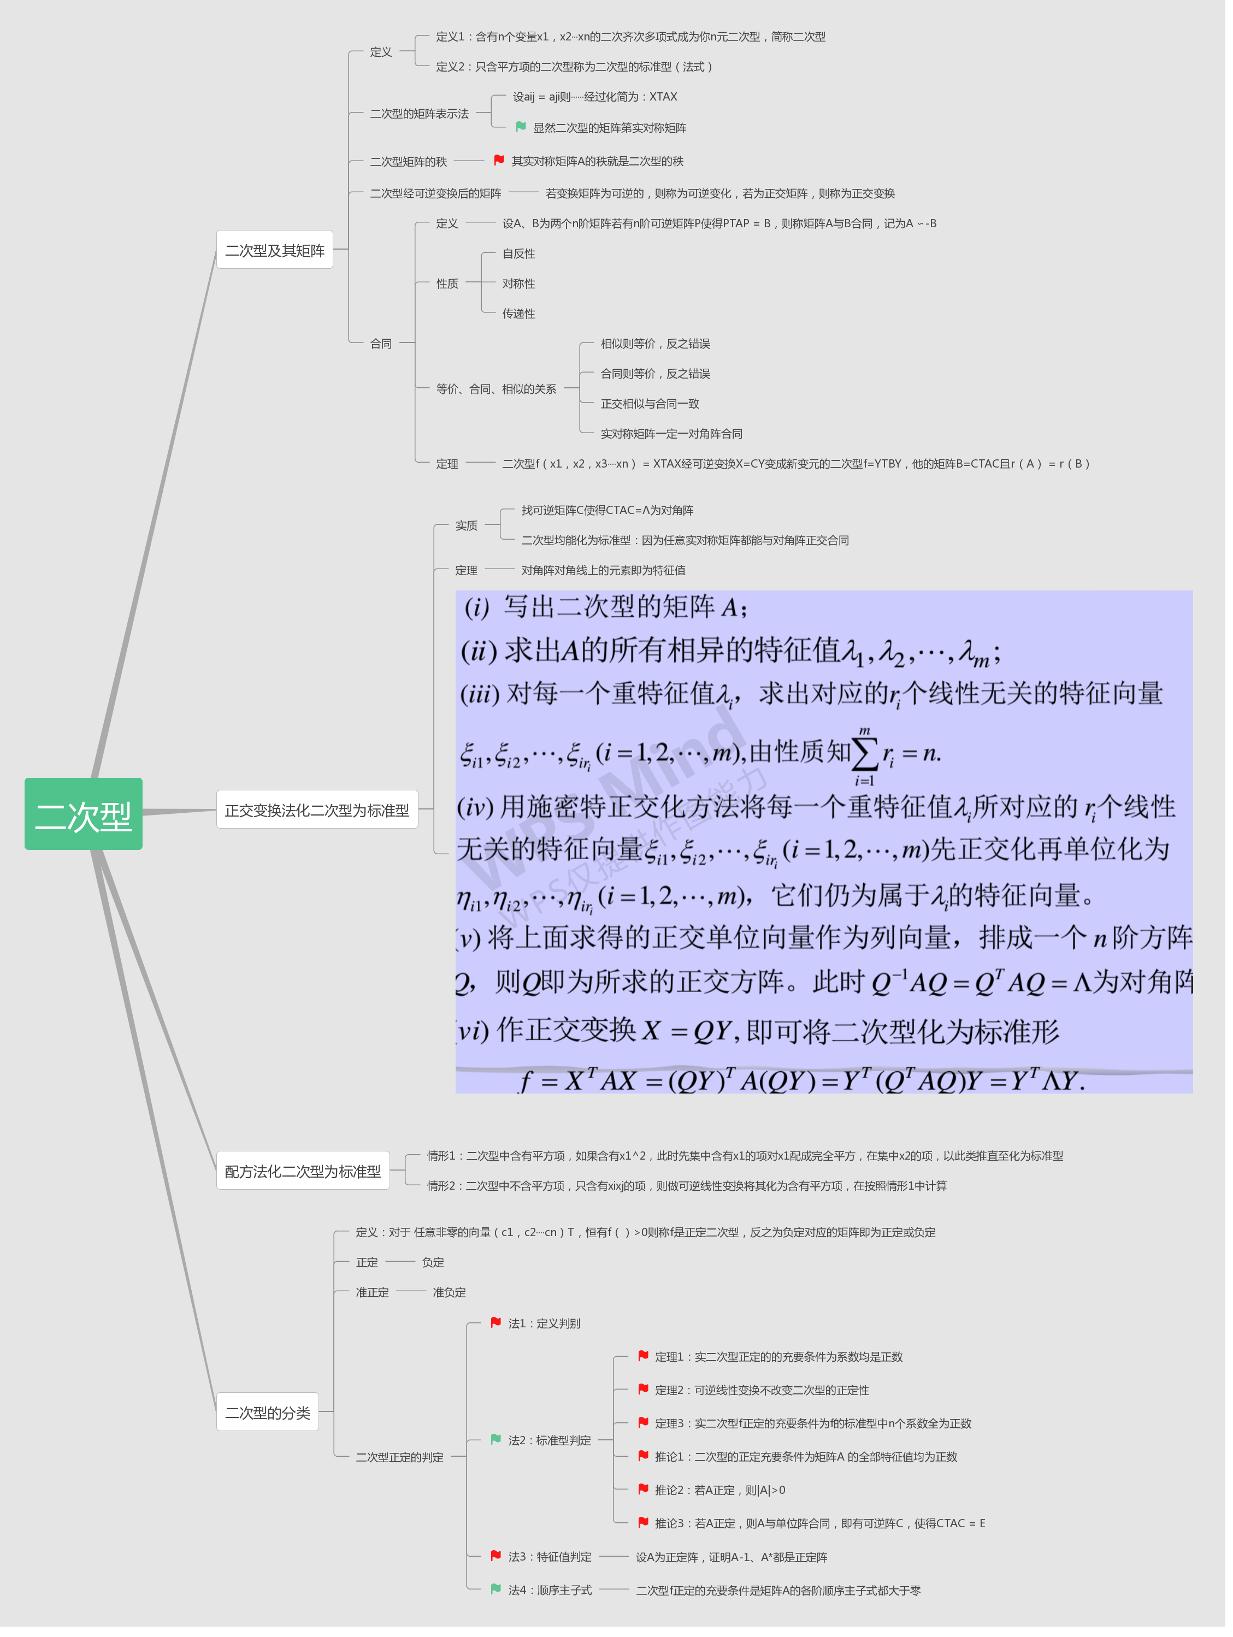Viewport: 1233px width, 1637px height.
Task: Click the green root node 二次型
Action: tap(84, 814)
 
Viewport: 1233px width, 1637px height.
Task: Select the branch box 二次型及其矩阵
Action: tap(275, 250)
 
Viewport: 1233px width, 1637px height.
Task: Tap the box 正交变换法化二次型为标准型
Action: tap(317, 809)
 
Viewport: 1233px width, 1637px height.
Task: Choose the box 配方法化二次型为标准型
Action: tap(303, 1171)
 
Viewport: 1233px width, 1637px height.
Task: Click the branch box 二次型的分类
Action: tap(267, 1412)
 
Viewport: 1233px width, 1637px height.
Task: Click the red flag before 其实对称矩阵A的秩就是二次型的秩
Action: tap(499, 160)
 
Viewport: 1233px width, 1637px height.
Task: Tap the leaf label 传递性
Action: tap(519, 314)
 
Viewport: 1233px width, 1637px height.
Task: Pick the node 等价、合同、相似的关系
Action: tap(496, 388)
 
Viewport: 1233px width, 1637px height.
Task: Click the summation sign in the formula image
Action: tap(864, 753)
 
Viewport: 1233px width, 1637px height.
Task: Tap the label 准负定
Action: tap(449, 1292)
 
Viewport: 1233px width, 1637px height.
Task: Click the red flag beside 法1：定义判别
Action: tap(496, 1322)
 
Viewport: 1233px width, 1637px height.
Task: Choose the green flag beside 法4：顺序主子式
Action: tap(496, 1589)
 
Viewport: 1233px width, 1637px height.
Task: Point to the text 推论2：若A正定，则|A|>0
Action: tap(720, 1490)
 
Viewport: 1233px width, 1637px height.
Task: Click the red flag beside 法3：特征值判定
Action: tap(496, 1556)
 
